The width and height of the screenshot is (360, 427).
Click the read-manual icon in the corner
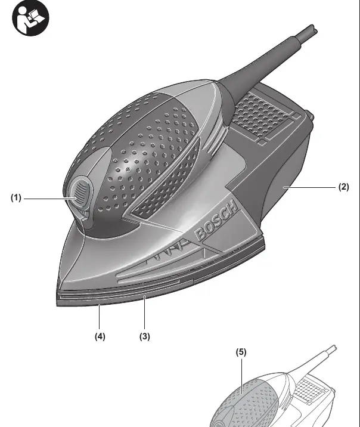pyautogui.click(x=30, y=18)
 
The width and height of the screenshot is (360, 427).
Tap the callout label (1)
pyautogui.click(x=15, y=198)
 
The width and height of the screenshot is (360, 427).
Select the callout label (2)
pyautogui.click(x=343, y=187)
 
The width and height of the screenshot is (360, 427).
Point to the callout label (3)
pyautogui.click(x=144, y=336)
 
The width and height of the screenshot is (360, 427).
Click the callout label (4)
pyautogui.click(x=100, y=336)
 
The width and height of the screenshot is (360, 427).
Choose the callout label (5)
pyautogui.click(x=241, y=352)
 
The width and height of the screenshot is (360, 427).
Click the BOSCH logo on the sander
pyautogui.click(x=216, y=220)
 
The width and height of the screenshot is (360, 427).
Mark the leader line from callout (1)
pyautogui.click(x=50, y=199)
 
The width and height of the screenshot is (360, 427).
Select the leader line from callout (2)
pyautogui.click(x=309, y=187)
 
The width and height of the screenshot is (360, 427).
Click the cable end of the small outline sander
pyautogui.click(x=334, y=348)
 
